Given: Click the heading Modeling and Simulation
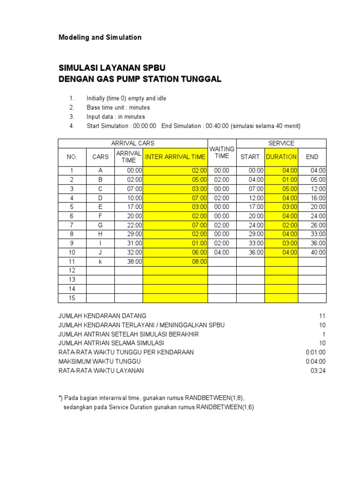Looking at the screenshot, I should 99,37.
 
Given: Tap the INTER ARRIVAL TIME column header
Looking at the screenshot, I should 175,157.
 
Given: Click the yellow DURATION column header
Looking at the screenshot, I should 281,157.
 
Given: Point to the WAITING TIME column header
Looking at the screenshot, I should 222,152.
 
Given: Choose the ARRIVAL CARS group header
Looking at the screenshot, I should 133,143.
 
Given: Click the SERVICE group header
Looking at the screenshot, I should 281,143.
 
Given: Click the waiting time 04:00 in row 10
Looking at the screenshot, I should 222,252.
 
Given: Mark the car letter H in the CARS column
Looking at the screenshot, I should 100,234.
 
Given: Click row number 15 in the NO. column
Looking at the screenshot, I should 72,298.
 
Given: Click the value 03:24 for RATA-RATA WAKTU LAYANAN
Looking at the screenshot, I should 318,371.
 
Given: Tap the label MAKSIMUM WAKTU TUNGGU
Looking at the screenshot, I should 99,361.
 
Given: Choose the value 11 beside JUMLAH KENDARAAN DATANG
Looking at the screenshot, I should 322,316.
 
